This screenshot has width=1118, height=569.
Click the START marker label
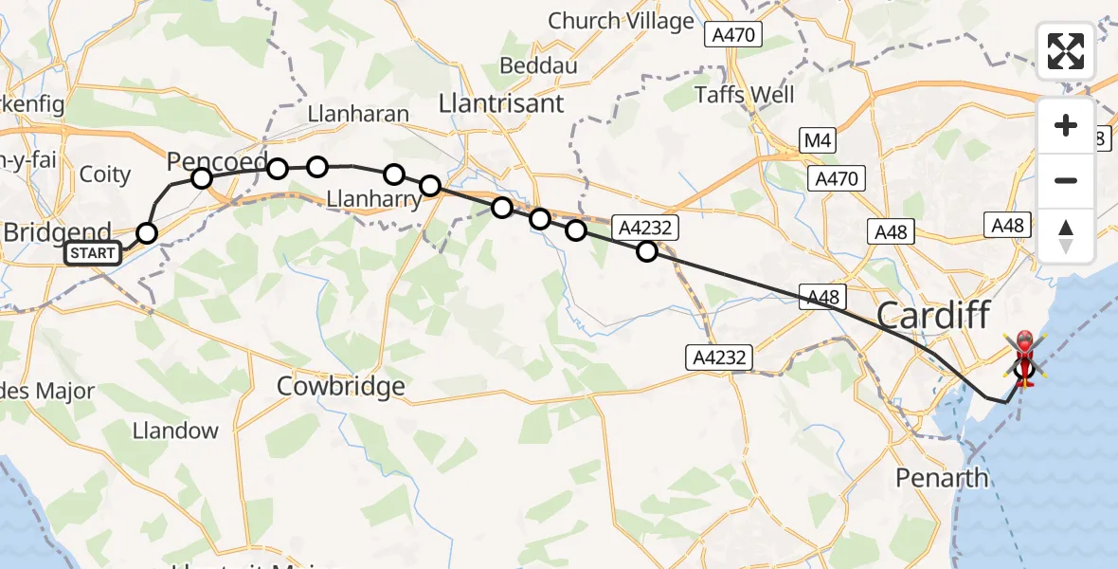(x=94, y=253)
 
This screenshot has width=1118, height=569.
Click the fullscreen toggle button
(x=1066, y=51)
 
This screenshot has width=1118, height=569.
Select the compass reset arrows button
(x=1066, y=236)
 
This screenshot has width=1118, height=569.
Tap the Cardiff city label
(x=933, y=315)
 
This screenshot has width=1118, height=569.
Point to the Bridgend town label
(x=58, y=232)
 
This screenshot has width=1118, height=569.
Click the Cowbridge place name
(x=340, y=386)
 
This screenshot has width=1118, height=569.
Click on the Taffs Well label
(x=745, y=95)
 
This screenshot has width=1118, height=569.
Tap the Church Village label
(x=621, y=21)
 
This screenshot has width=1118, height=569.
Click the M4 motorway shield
(x=816, y=141)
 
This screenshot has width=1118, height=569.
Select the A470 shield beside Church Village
(x=733, y=34)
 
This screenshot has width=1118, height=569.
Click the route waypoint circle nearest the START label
(x=147, y=232)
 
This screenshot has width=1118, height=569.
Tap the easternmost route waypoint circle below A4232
(x=646, y=251)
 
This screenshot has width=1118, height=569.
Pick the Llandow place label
(x=174, y=431)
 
